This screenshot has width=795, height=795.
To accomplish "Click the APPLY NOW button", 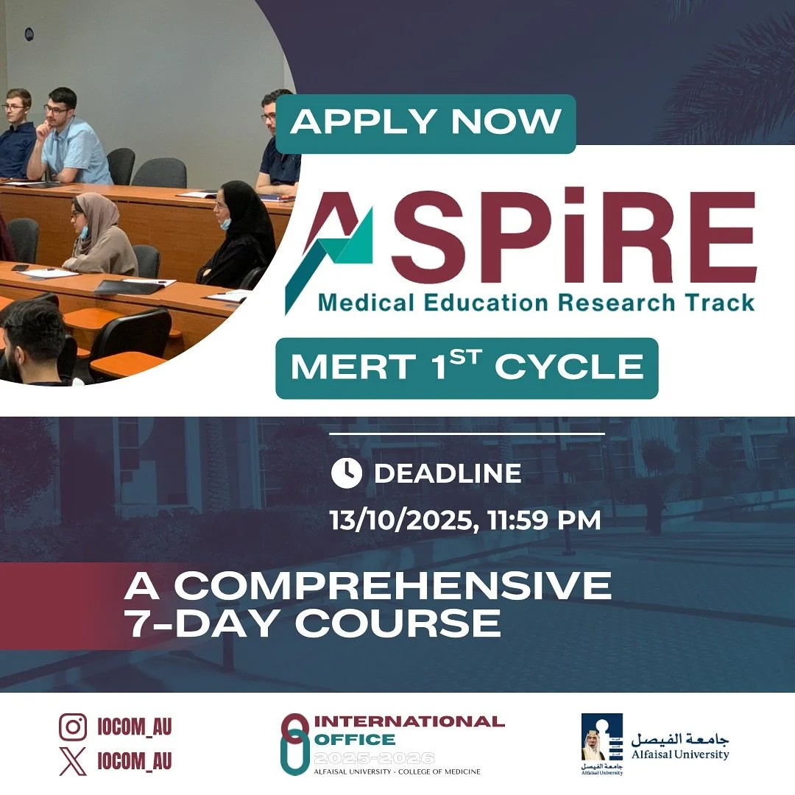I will (425, 122).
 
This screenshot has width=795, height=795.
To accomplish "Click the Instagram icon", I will (73, 727).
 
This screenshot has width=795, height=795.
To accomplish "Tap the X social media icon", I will (73, 760).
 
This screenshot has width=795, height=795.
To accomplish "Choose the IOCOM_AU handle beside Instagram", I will (135, 727).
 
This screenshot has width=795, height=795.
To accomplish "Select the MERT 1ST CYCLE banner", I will (467, 368).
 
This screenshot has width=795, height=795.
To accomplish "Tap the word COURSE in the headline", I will (398, 623).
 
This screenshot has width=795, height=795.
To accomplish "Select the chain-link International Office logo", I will (294, 743).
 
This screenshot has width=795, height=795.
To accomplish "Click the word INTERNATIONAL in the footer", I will (410, 721).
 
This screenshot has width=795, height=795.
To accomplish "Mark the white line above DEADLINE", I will (467, 434).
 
